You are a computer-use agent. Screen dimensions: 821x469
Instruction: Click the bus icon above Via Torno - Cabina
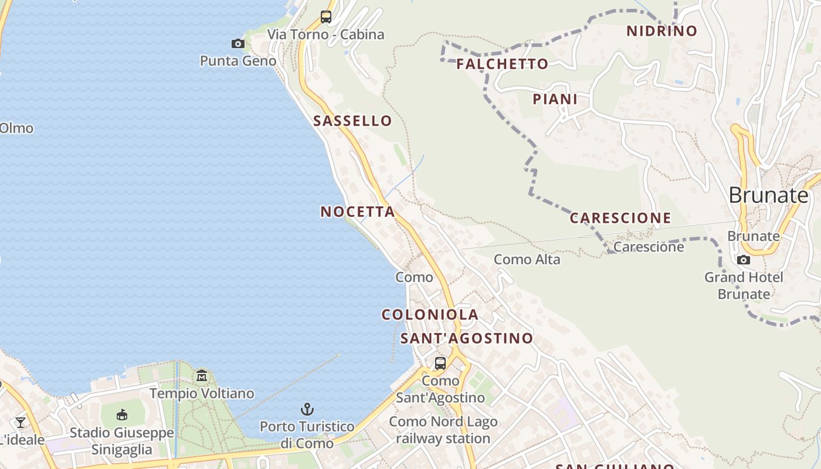coord(326,17)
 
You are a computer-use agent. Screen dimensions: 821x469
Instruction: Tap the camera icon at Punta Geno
coord(238,43)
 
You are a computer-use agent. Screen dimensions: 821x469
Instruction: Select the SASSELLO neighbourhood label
coord(352,121)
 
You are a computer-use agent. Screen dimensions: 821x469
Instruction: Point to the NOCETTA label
coord(358,212)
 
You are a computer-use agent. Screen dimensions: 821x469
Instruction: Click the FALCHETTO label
coord(502,64)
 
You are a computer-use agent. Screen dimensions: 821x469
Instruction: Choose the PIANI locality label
coord(555,99)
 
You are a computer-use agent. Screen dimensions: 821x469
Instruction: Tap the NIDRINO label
coord(661,31)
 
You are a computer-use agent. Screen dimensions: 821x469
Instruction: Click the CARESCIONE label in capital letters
coord(620,218)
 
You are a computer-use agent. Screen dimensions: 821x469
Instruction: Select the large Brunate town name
coord(768,195)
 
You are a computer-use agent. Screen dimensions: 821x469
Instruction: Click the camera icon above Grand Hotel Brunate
coord(744,260)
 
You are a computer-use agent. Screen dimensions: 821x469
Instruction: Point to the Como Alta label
coord(527,259)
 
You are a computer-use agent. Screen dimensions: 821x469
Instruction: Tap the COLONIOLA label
coord(430,315)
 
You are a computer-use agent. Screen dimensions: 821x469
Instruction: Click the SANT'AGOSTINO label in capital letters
coord(466,338)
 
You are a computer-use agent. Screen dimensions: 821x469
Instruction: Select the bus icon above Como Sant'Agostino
coord(440,363)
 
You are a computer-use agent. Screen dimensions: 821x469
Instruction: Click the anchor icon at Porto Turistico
coord(307,409)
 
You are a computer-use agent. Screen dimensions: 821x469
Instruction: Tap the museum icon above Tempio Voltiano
coord(202,375)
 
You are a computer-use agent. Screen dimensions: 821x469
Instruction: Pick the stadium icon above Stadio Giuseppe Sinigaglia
coord(122,415)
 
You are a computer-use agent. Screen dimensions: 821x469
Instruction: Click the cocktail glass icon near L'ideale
coord(21,422)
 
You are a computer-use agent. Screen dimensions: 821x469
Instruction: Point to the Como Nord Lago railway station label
coord(443,430)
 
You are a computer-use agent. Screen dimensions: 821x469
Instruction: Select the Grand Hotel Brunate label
coord(744,286)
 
